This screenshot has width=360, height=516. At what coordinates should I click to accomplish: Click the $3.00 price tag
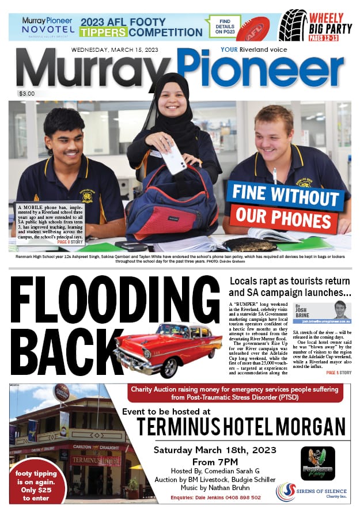pos(26,93)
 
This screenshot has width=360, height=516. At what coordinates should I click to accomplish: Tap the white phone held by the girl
pos(176,158)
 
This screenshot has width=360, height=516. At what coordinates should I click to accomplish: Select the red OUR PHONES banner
pos(279,219)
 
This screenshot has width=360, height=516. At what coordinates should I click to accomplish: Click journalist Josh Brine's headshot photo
pos(340,309)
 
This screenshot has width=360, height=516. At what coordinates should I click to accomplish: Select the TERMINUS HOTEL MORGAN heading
pos(241,427)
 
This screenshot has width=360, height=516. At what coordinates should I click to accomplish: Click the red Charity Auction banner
pos(236,393)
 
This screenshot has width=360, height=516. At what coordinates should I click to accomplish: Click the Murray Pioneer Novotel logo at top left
pos(48,26)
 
